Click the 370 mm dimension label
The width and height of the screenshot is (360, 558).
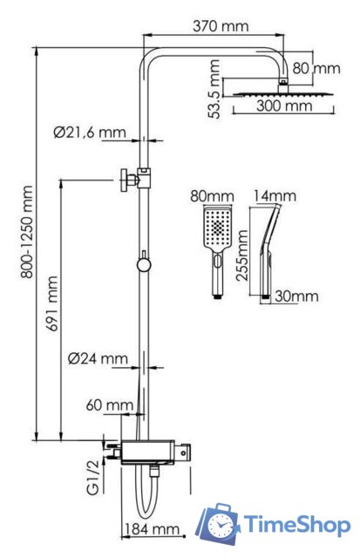(x=222, y=26)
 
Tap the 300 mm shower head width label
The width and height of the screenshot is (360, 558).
(x=283, y=106)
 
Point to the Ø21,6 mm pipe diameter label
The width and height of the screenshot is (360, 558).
(x=89, y=133)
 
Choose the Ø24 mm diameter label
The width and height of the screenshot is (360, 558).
(x=98, y=358)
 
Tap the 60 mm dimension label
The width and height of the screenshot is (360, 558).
(x=110, y=405)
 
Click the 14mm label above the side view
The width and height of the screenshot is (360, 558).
(x=270, y=197)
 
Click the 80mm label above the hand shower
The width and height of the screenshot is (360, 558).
(x=214, y=197)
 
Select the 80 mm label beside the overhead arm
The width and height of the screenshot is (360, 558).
(x=316, y=67)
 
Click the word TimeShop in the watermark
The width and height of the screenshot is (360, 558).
(x=296, y=524)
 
